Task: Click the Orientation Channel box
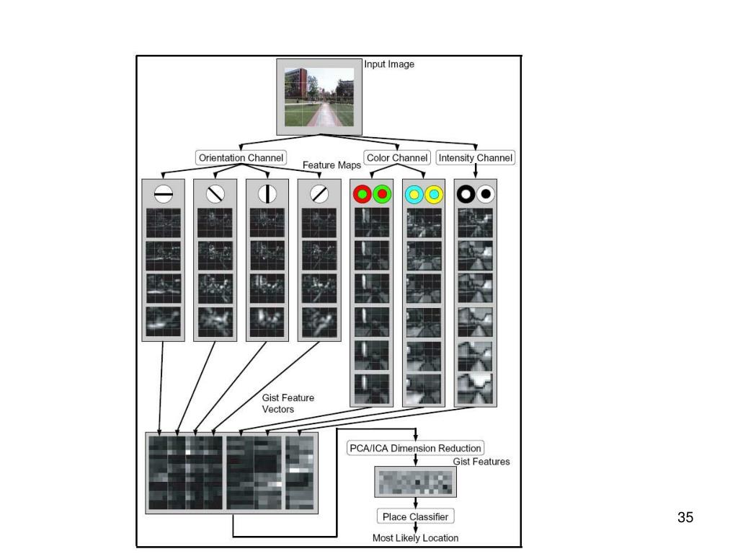(241, 157)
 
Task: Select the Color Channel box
(397, 157)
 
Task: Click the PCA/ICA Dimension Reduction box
(415, 448)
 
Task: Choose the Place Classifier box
(415, 516)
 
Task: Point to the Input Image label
(389, 64)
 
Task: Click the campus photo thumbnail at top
(319, 96)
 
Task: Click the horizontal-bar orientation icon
(164, 194)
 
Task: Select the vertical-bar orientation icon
(267, 194)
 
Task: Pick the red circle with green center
(362, 194)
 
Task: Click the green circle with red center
(382, 194)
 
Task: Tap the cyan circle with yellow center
(414, 194)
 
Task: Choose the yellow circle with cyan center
(434, 194)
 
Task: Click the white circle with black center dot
(486, 194)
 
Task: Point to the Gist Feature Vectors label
(288, 403)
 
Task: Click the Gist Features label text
(481, 462)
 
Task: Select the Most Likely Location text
(415, 538)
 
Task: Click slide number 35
(685, 517)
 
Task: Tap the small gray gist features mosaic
(415, 482)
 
